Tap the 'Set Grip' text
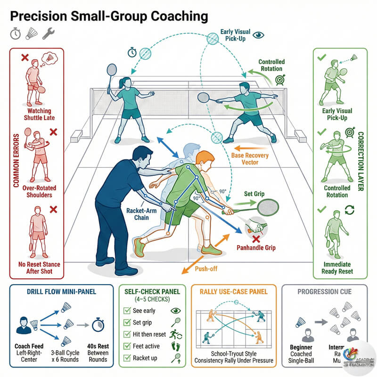[254, 193]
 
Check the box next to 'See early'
[126, 311]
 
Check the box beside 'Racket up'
[126, 358]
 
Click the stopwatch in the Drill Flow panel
[98, 325]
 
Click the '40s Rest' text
[98, 346]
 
